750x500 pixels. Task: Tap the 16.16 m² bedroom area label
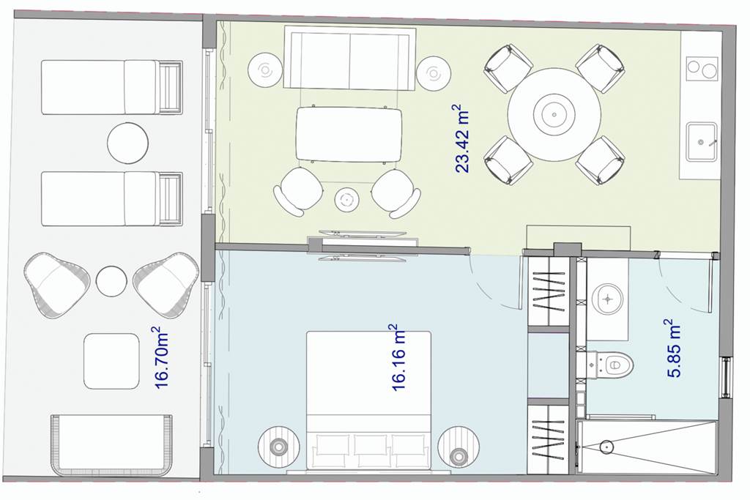click(x=398, y=357)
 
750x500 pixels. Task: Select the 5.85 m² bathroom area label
click(x=674, y=348)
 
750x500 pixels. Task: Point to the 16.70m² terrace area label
click(x=162, y=357)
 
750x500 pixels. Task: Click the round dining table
click(x=554, y=115)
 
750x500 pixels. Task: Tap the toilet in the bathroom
click(x=612, y=366)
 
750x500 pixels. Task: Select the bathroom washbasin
click(x=607, y=299)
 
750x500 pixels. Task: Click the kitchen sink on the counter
click(x=702, y=142)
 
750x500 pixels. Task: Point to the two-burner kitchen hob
click(x=702, y=69)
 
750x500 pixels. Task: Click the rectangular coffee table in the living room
click(x=349, y=134)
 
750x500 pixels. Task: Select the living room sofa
click(x=349, y=58)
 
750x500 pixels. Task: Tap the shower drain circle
click(x=606, y=447)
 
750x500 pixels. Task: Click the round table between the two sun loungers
click(x=127, y=143)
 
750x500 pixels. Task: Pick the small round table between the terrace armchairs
click(x=111, y=281)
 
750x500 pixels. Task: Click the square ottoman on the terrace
click(x=111, y=361)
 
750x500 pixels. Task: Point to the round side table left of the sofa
click(x=264, y=70)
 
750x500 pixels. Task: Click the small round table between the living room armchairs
click(x=347, y=199)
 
